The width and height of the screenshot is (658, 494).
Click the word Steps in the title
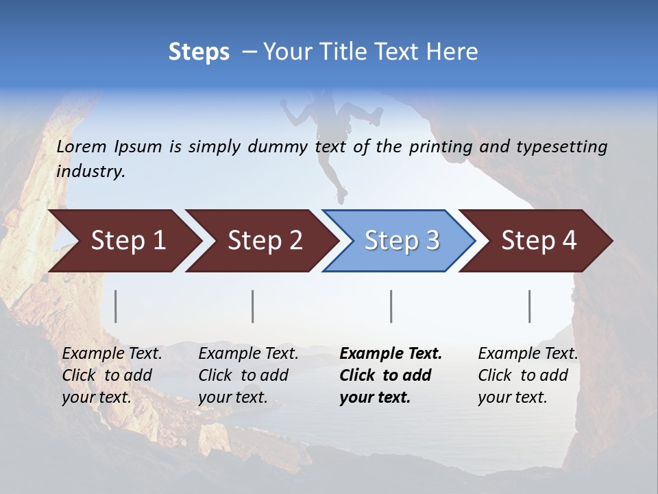199,52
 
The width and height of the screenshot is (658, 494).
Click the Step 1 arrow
123,241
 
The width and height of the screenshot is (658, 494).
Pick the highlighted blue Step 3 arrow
400,241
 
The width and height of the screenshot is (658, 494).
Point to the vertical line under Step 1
116,306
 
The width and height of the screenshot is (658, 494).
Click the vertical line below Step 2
253,306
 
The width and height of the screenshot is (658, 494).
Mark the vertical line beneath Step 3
391,306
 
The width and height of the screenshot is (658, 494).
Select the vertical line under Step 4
530,306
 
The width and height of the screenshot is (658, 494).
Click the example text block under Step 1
112,375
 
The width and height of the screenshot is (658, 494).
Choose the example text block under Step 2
248,375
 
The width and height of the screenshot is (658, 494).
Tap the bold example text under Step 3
391,375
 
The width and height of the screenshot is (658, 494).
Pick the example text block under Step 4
528,375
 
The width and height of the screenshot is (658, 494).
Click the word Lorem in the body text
82,146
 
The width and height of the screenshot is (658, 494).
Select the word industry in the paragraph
90,172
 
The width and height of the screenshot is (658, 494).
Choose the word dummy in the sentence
278,147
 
